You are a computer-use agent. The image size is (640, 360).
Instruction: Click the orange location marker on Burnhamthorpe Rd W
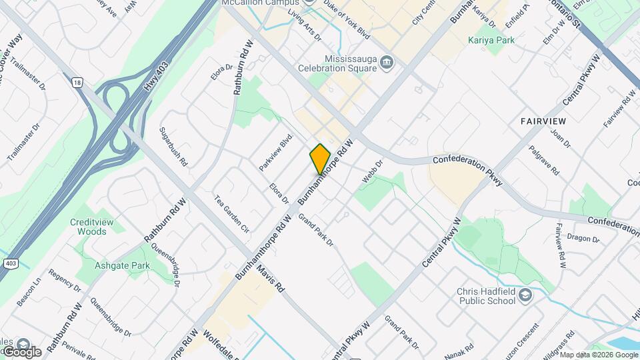point(320,159)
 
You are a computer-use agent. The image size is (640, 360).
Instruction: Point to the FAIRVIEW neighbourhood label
point(543,121)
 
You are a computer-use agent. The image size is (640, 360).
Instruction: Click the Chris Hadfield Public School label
point(486,296)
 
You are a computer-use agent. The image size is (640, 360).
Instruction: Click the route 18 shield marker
point(78,82)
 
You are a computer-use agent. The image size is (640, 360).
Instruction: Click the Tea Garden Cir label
point(231,213)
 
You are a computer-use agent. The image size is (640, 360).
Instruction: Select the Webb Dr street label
point(372,172)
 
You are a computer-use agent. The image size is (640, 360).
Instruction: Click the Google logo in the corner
point(21,352)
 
